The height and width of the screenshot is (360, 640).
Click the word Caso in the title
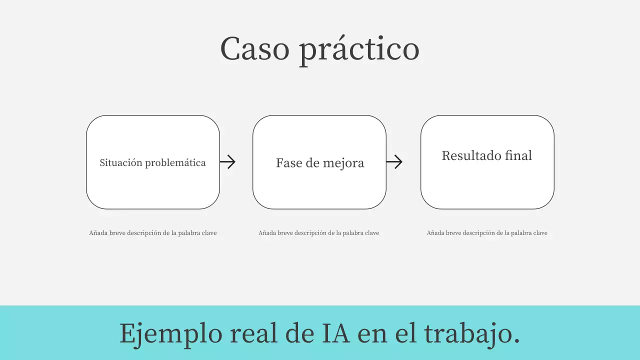coord(254,49)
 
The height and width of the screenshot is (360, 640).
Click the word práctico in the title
coord(359,51)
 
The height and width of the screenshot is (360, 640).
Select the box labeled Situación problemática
coord(152,185)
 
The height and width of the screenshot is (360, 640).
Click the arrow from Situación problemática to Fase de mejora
coord(227,161)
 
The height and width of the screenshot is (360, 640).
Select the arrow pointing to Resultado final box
coord(394,161)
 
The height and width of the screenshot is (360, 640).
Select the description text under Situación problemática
coord(152,233)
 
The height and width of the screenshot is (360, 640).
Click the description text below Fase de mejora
coord(318,233)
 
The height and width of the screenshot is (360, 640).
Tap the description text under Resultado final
coord(487,233)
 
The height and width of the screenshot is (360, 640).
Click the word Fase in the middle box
coord(287,163)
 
